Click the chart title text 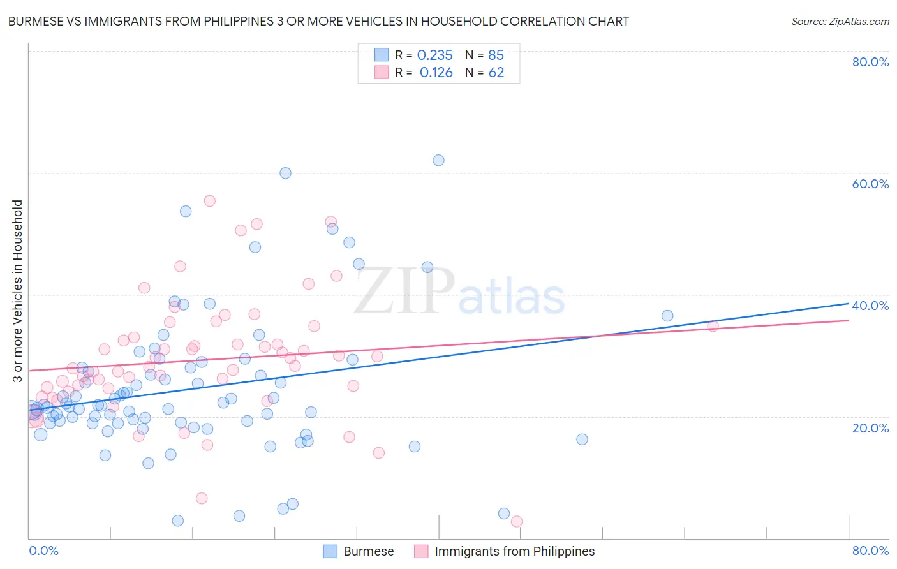tap(318, 22)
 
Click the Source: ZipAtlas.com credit tap(840, 22)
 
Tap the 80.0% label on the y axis tap(870, 62)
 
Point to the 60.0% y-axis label tap(870, 184)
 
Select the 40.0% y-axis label tap(870, 306)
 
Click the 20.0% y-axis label tap(870, 427)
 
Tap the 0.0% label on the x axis tap(43, 551)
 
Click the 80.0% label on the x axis tap(870, 551)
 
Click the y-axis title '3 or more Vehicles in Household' tap(18, 291)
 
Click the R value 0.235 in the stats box tap(434, 55)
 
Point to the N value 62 tap(496, 73)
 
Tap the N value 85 tap(496, 55)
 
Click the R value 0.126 tap(436, 73)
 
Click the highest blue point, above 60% tap(438, 160)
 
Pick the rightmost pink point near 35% tap(713, 326)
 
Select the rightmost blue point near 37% tap(667, 316)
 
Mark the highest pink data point tap(209, 201)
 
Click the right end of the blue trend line tap(849, 304)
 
